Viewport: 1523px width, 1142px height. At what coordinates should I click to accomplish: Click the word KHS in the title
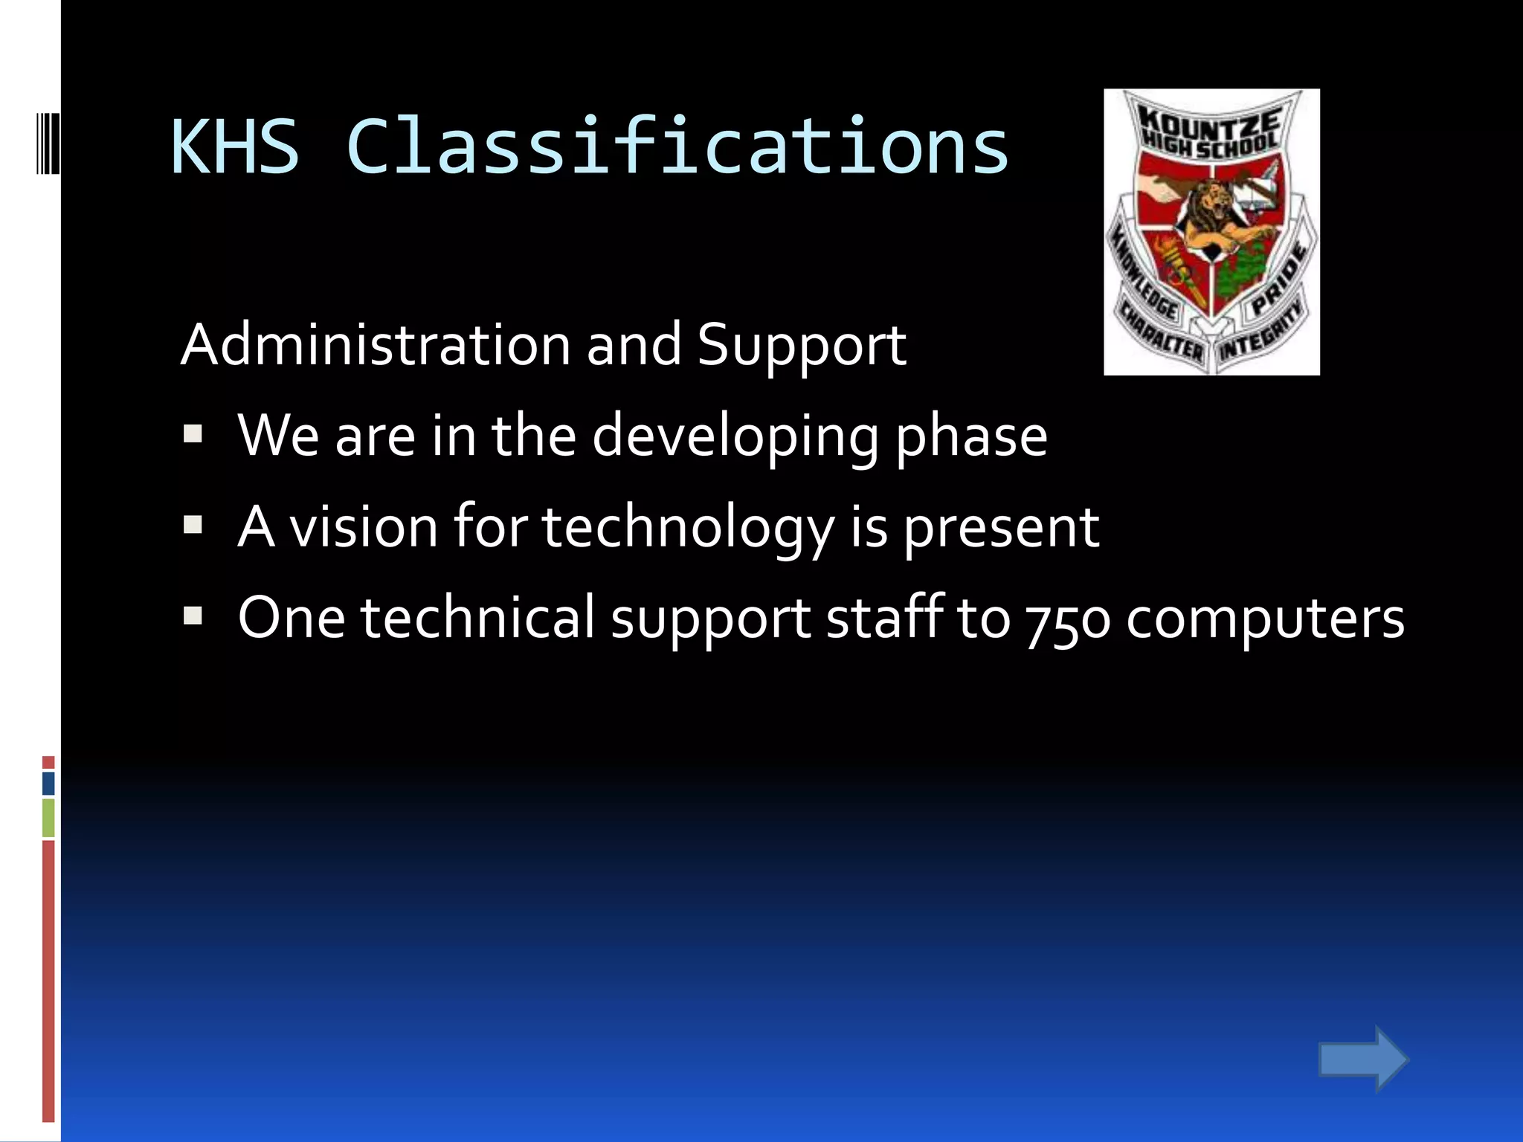tap(235, 146)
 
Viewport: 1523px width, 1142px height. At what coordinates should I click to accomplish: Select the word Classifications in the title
tap(677, 146)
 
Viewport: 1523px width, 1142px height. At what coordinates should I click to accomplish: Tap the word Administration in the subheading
tap(376, 345)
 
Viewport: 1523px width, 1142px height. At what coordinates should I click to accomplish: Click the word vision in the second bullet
tap(364, 526)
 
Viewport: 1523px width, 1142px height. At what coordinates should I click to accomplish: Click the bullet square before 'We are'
tap(193, 433)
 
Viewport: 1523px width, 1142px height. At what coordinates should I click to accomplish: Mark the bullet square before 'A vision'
tap(193, 525)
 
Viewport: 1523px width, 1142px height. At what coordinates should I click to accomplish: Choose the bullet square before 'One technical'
tap(193, 616)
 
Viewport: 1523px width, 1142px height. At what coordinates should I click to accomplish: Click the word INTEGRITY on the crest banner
tap(1260, 338)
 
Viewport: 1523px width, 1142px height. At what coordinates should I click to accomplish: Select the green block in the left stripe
tap(48, 817)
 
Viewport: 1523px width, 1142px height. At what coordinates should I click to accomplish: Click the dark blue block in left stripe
tap(48, 783)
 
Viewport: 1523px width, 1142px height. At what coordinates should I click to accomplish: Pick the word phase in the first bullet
tap(971, 437)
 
